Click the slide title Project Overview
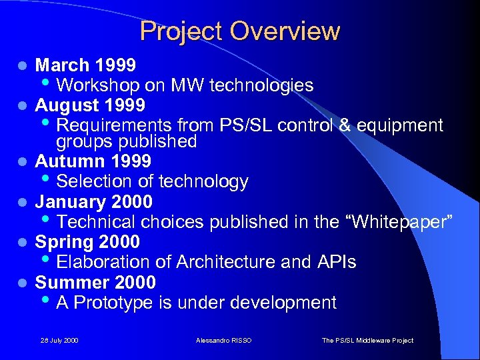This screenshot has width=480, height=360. [240, 31]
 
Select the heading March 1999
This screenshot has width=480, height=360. [85, 65]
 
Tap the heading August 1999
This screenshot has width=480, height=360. [90, 105]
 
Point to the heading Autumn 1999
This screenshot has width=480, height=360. [93, 161]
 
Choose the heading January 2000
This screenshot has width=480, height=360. [93, 201]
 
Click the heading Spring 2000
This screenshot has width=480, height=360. [87, 241]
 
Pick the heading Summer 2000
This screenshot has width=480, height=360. [95, 282]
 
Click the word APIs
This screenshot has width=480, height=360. [336, 262]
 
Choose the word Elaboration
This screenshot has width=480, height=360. [101, 262]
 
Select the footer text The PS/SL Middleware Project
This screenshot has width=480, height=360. [367, 341]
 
